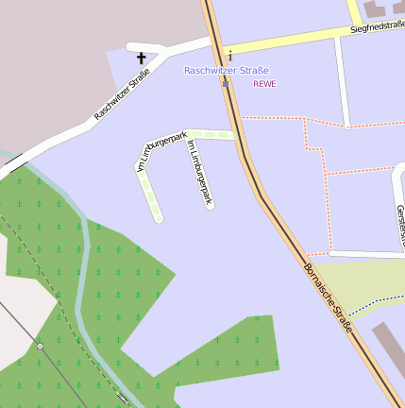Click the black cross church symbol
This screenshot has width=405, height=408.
click(143, 58)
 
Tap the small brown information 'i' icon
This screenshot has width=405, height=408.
click(229, 57)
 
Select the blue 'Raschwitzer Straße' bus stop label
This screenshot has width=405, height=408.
click(227, 71)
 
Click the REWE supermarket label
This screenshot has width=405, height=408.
click(264, 84)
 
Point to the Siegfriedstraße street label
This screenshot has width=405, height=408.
click(377, 28)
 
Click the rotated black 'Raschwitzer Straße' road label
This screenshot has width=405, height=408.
click(123, 93)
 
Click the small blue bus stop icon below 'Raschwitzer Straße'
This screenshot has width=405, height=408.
click(226, 84)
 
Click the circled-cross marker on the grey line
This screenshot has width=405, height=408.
click(40, 346)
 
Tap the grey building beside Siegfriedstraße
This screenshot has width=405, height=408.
click(382, 8)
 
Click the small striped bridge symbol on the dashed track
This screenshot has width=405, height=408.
click(123, 396)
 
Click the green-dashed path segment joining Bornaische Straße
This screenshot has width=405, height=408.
click(212, 135)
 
